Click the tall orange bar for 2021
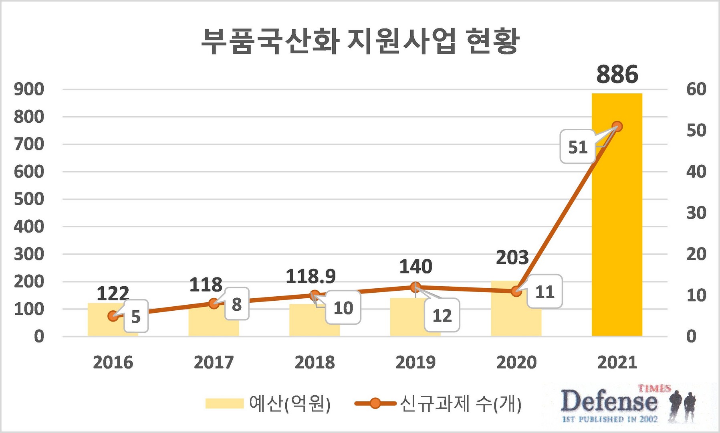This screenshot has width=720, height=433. pos(617,225)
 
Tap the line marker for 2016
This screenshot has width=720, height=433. pos(113,316)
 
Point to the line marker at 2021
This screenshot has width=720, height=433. pos(617,126)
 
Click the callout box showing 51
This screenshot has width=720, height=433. pos(577,147)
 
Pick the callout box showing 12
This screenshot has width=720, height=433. pos(442,316)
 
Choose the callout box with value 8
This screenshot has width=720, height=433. pos(237,304)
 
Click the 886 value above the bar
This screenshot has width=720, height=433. pos(617,75)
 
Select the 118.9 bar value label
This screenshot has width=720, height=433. pos(311,276)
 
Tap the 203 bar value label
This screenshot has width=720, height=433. pos(512,257)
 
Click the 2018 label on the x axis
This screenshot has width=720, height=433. pos(315,362)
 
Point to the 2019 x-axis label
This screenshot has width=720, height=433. pos(415,362)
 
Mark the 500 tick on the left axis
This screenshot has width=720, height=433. pos(29,199)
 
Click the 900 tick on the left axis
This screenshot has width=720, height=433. pos(29,89)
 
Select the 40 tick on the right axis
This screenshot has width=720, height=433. pos(696,172)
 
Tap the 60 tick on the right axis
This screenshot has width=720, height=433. pos(696,89)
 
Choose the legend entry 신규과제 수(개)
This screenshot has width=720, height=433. pos(438,403)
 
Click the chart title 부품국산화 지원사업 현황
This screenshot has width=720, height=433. pos(360,41)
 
